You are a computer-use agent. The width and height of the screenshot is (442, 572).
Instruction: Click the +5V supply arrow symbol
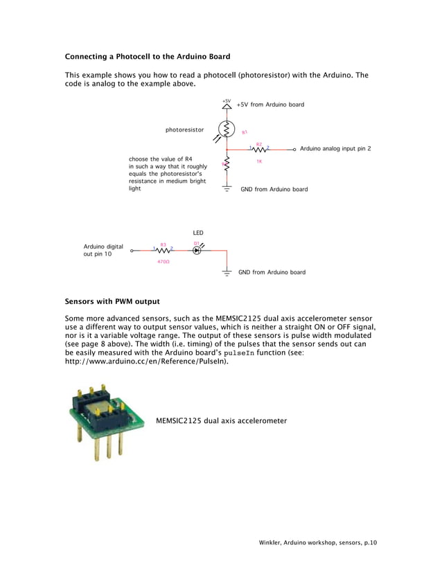click(227, 107)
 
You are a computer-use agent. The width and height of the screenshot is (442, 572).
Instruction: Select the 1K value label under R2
click(259, 161)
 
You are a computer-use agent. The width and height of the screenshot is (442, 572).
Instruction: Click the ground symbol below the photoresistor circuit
click(227, 188)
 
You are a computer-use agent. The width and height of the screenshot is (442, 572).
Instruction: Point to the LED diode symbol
click(197, 250)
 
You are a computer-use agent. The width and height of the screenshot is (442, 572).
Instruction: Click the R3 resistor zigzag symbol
click(163, 250)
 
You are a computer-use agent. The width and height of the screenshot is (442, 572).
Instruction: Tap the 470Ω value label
click(163, 262)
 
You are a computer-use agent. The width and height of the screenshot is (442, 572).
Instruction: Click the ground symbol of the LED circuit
click(227, 273)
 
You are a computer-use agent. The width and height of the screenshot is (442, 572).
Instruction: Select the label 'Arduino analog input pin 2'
click(335, 149)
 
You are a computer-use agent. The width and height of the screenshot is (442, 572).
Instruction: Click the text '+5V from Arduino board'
click(270, 105)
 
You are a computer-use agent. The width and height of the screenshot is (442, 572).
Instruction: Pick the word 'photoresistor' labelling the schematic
click(184, 129)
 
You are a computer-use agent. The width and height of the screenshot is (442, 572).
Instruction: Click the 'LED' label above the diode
click(197, 233)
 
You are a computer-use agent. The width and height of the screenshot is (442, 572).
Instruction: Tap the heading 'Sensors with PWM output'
click(112, 301)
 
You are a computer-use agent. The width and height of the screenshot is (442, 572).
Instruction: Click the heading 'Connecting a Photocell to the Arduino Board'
click(147, 56)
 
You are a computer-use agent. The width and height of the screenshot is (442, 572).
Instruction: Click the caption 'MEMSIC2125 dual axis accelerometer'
click(221, 420)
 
